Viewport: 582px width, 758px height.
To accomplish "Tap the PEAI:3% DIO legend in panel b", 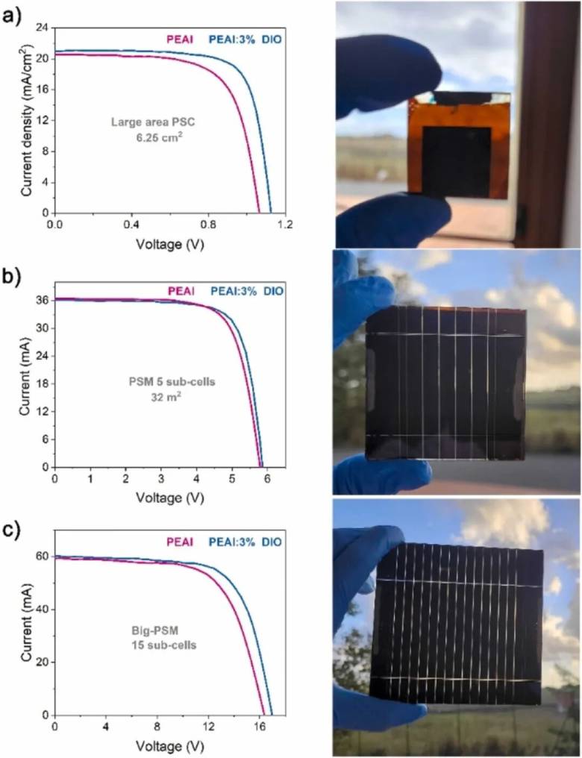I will [x=247, y=290].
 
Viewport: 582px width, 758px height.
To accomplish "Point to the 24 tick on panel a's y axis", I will [x=43, y=28].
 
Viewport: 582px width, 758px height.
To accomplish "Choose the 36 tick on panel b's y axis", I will [x=43, y=301].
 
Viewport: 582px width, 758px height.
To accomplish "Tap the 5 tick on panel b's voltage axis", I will [x=231, y=477].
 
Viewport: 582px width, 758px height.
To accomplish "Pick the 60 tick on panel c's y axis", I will [x=43, y=557].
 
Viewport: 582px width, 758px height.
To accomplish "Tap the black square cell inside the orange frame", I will [x=457, y=161].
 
